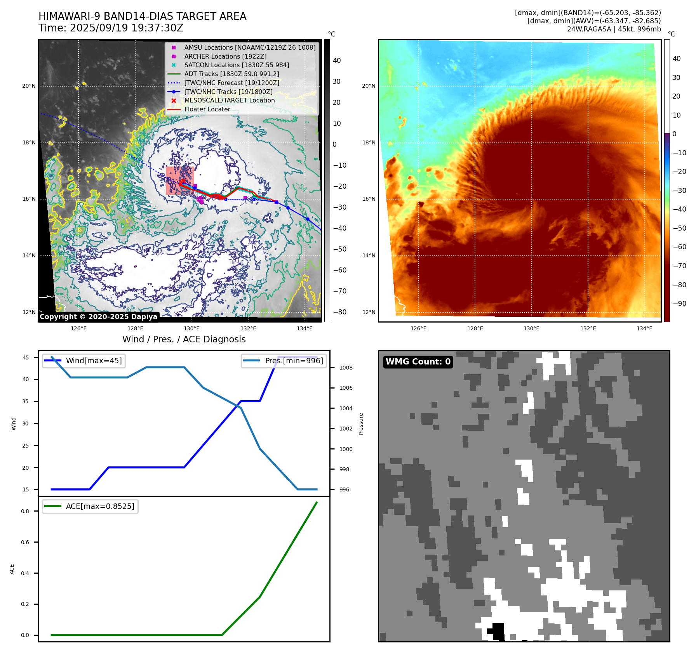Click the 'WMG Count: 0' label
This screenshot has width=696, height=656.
pyautogui.click(x=418, y=362)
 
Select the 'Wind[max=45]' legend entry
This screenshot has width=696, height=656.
pyautogui.click(x=94, y=361)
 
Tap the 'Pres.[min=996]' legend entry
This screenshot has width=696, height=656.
pyautogui.click(x=294, y=361)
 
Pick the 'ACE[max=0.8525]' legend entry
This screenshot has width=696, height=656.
pyautogui.click(x=100, y=506)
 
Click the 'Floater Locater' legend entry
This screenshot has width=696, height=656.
pyautogui.click(x=207, y=109)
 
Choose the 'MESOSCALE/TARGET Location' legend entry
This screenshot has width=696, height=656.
pyautogui.click(x=229, y=101)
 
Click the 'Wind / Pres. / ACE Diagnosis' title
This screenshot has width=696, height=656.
pyautogui.click(x=184, y=339)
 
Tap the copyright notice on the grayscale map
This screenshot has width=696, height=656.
pyautogui.click(x=98, y=317)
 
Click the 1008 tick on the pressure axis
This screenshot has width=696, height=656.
pyautogui.click(x=346, y=368)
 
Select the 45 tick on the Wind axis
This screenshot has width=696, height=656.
pyautogui.click(x=26, y=358)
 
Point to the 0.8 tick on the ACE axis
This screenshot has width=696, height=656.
pyautogui.click(x=25, y=511)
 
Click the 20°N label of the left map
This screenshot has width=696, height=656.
pyautogui.click(x=29, y=86)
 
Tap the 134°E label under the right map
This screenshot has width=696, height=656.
pyautogui.click(x=644, y=328)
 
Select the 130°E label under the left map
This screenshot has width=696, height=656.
pyautogui.click(x=192, y=328)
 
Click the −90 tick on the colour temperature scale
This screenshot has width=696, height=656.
pyautogui.click(x=679, y=304)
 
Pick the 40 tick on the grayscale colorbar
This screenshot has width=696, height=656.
pyautogui.click(x=337, y=61)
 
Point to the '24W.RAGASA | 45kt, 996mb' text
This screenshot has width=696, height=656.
pyautogui.click(x=614, y=29)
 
